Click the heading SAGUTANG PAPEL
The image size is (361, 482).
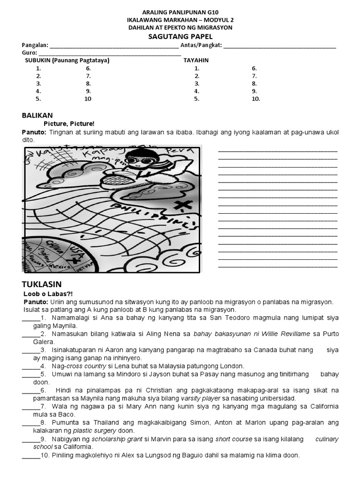pos(180,36)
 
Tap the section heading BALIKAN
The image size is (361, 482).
pos(37,115)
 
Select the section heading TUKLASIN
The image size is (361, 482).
pos(42,284)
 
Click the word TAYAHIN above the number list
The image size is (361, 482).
pos(196,60)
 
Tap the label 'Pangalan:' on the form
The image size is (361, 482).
pos(35,45)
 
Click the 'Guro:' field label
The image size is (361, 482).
pos(29,53)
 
